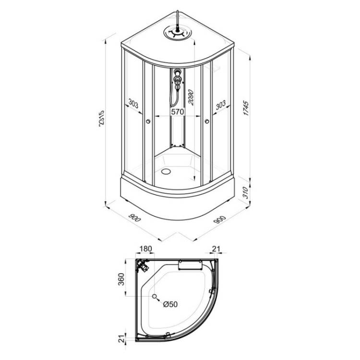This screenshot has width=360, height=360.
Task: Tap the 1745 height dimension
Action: click(246, 108)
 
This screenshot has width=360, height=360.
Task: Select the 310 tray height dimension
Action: click(245, 192)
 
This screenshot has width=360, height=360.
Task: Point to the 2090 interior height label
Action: click(191, 97)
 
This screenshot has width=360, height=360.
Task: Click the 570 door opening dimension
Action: click(178, 111)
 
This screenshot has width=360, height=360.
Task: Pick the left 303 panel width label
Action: click(133, 103)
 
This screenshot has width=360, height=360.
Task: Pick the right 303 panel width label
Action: click(221, 105)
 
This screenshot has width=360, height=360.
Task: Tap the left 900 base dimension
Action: click(134, 217)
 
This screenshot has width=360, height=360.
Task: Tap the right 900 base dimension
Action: click(220, 219)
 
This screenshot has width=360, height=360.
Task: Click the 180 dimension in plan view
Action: click(146, 249)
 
